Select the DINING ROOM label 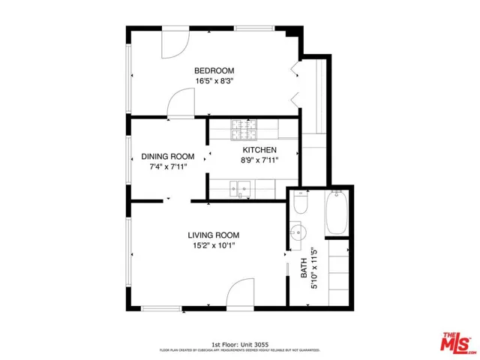[168, 157]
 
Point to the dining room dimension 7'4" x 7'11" [168, 167]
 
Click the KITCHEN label [259, 150]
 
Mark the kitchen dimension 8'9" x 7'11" [259, 160]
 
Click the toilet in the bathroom [301, 202]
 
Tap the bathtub [335, 212]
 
